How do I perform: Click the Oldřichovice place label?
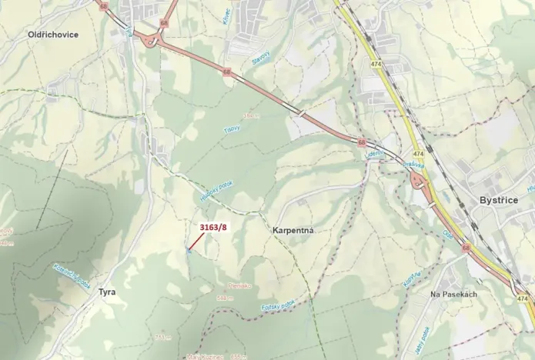(x=53, y=35)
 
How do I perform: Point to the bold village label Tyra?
(x=106, y=292)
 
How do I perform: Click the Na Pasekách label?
(x=454, y=295)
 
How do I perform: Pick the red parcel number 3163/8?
(x=214, y=227)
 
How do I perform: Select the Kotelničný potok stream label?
(x=70, y=275)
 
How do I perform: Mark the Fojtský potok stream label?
(x=279, y=306)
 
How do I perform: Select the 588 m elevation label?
(x=225, y=298)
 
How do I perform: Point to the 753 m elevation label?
(x=162, y=336)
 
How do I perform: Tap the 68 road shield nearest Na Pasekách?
(x=466, y=248)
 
